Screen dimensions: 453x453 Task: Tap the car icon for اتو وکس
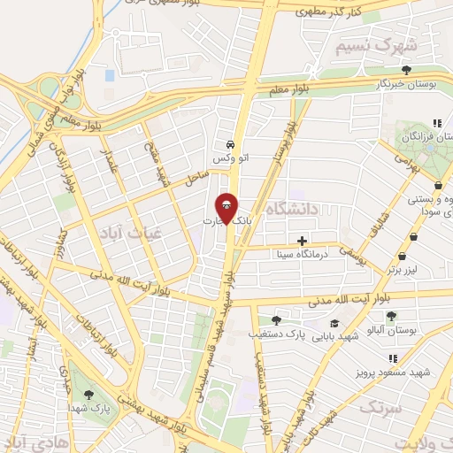pyautogui.click(x=230, y=144)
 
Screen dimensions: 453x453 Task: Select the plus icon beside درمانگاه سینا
pyautogui.click(x=303, y=240)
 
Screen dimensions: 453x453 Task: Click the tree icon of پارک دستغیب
pyautogui.click(x=277, y=320)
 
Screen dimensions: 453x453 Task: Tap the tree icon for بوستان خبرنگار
pyautogui.click(x=406, y=69)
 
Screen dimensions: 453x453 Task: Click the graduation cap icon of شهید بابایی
pyautogui.click(x=334, y=324)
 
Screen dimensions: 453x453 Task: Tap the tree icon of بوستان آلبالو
pyautogui.click(x=392, y=316)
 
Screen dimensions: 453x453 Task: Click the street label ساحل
pyautogui.click(x=196, y=177)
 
